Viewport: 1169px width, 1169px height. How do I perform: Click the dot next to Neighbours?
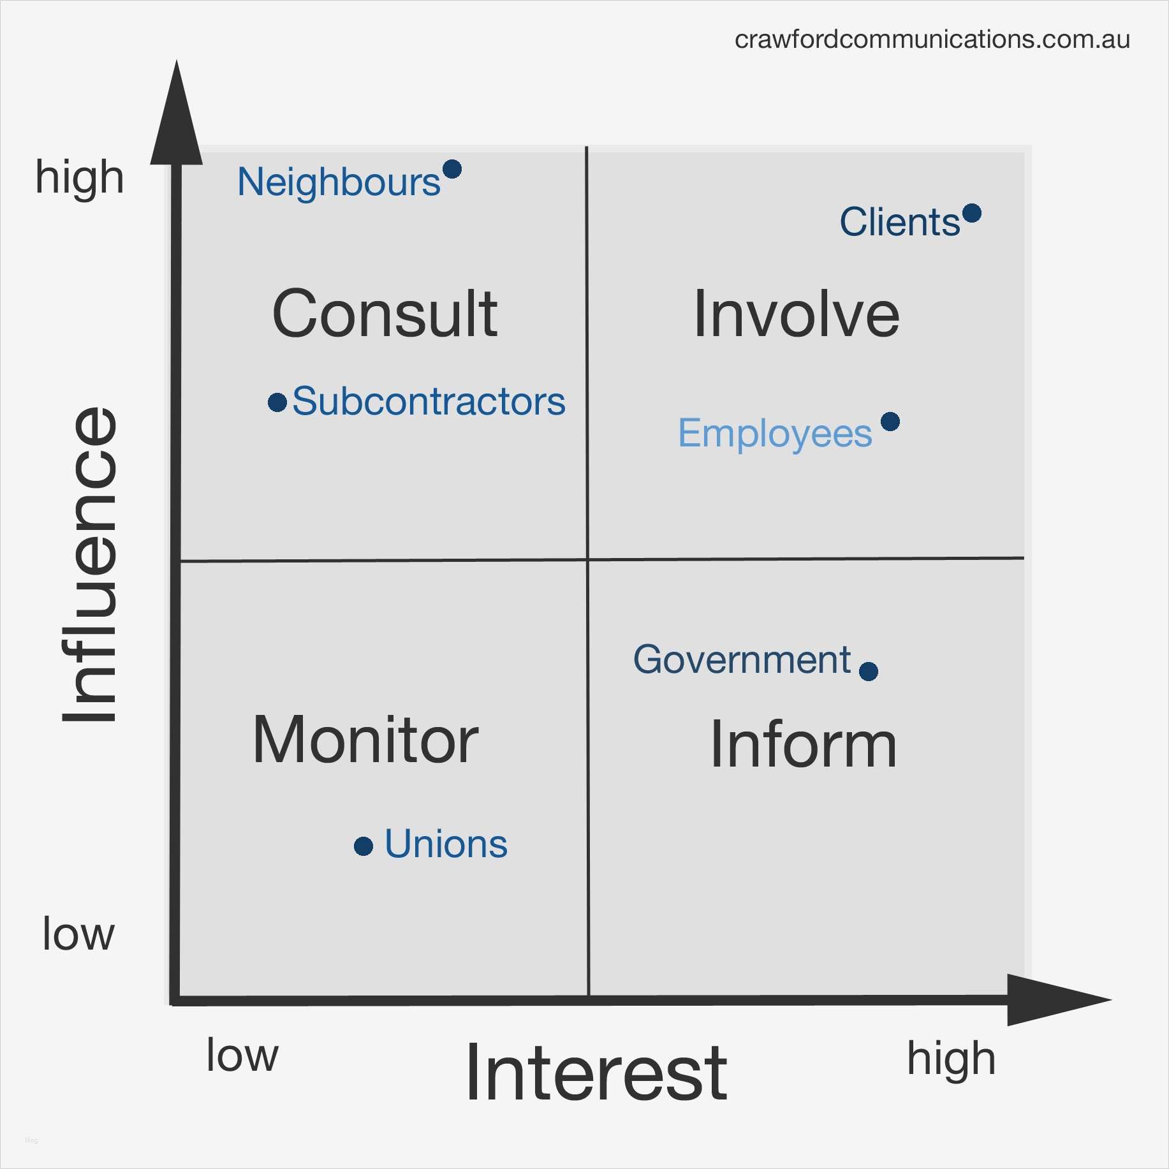click(x=452, y=169)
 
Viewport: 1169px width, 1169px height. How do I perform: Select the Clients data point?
click(x=972, y=213)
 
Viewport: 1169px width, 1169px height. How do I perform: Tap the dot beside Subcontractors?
click(x=277, y=402)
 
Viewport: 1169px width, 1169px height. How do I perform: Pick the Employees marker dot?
click(x=890, y=422)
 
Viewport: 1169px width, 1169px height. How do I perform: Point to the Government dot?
click(x=869, y=671)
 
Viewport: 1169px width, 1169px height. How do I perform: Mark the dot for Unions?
click(x=364, y=846)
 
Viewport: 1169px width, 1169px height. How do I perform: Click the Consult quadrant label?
click(x=385, y=314)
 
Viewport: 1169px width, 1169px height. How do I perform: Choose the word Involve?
click(x=797, y=314)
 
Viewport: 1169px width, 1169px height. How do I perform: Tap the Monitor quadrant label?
click(x=365, y=740)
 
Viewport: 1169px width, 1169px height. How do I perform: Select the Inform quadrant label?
click(x=804, y=744)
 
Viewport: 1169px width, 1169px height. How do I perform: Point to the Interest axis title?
click(x=596, y=1073)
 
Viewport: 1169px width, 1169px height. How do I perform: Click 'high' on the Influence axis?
click(x=80, y=177)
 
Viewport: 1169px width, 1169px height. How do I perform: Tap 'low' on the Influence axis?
click(x=78, y=934)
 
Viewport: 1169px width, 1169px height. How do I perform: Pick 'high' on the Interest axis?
click(x=951, y=1059)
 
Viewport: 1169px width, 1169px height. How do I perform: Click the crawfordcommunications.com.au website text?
click(x=932, y=40)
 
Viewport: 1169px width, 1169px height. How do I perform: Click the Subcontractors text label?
click(x=429, y=402)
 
